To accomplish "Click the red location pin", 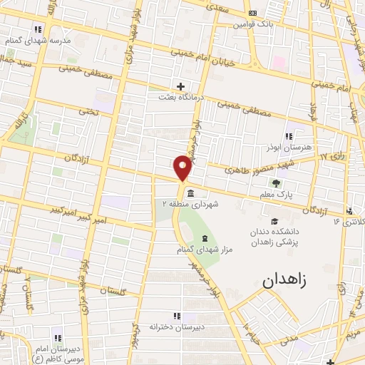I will (x=183, y=167).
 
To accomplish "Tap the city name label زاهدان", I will (x=284, y=280).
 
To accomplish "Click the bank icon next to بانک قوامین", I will (x=252, y=13).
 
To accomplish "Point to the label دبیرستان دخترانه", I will (x=176, y=327).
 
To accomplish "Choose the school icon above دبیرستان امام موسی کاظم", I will (x=58, y=338).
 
